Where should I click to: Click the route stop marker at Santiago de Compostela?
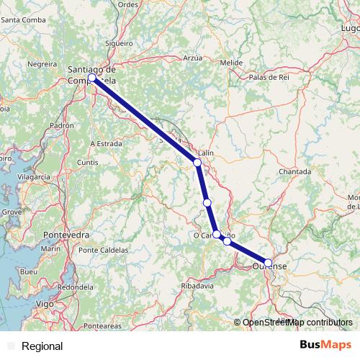(x=91, y=78)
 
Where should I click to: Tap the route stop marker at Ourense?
(x=269, y=263)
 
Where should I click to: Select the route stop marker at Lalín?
(x=197, y=163)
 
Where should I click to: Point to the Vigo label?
(x=44, y=305)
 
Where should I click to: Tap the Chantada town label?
(x=295, y=171)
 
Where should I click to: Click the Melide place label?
(x=231, y=63)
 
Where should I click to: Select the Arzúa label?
(x=193, y=57)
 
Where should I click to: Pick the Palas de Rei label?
(x=268, y=76)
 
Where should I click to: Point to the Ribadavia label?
(x=198, y=286)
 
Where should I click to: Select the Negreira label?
(x=41, y=63)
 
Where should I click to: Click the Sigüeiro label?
(x=119, y=42)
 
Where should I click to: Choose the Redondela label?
(x=76, y=287)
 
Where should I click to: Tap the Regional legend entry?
(x=42, y=346)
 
